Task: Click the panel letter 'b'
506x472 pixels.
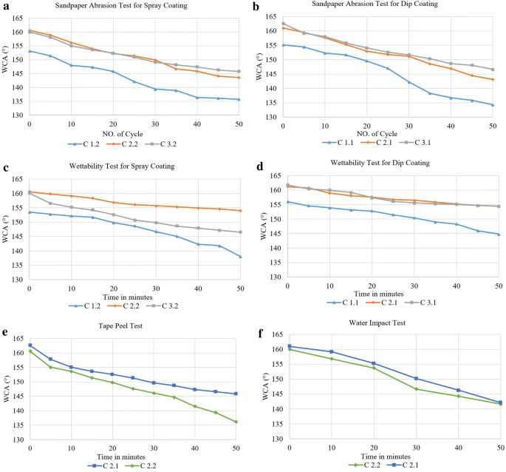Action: (x=256, y=6)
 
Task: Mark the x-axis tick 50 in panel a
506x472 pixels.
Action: (x=238, y=124)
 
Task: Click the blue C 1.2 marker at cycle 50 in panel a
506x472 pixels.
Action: (x=238, y=99)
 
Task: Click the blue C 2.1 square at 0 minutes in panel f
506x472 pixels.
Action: (x=289, y=346)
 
